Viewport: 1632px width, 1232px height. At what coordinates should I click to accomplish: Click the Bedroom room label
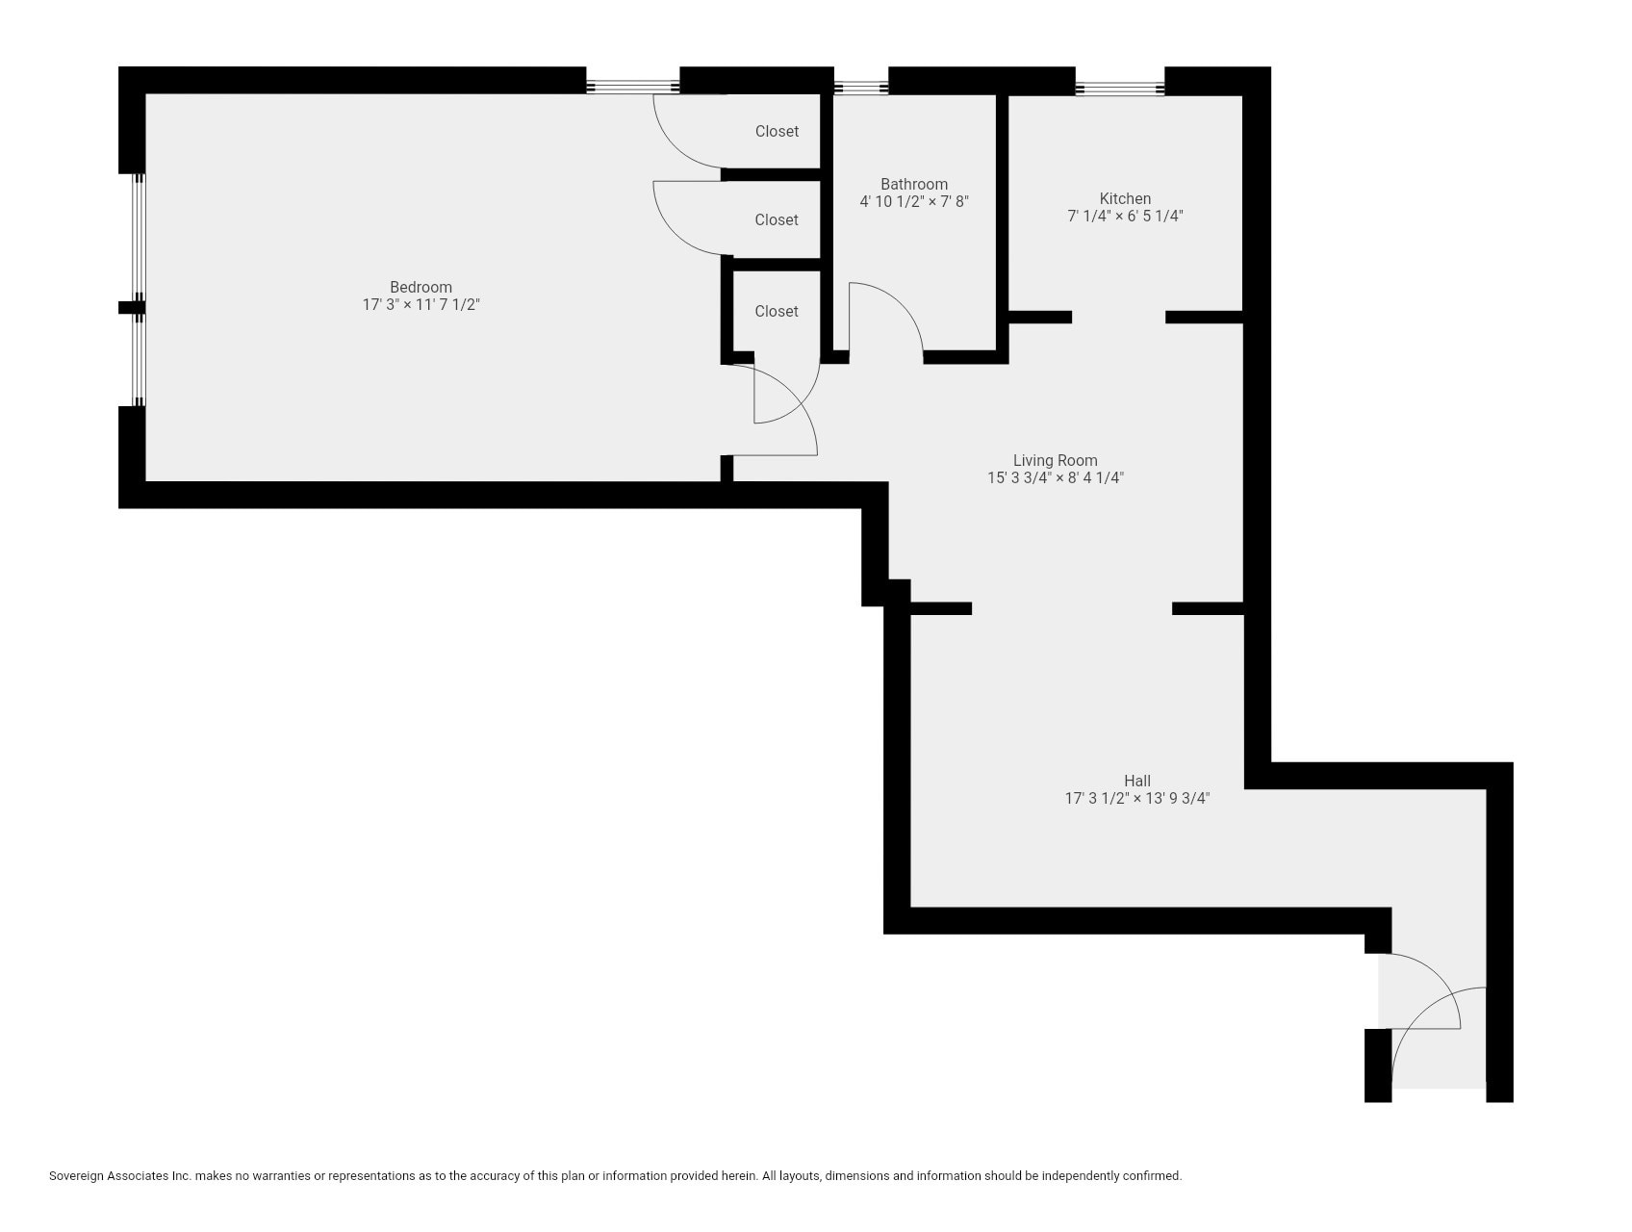point(421,287)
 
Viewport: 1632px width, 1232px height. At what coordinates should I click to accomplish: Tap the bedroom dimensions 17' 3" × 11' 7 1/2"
point(421,305)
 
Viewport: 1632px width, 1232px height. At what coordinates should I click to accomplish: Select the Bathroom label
point(913,184)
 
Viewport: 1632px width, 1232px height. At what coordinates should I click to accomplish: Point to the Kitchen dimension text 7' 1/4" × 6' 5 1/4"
point(1124,217)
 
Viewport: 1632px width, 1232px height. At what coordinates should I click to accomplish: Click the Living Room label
point(1055,460)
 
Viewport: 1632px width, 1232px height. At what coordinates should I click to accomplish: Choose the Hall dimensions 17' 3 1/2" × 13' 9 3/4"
point(1136,798)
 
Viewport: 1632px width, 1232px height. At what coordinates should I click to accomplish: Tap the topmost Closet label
point(776,131)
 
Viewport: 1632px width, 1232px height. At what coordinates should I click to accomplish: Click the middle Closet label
point(776,219)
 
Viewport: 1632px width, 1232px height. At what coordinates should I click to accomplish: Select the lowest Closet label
point(776,311)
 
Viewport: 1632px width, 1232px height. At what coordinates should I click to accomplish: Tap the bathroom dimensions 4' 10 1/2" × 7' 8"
point(913,202)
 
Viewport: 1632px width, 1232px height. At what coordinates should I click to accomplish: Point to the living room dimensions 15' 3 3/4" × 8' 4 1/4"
point(1055,478)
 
